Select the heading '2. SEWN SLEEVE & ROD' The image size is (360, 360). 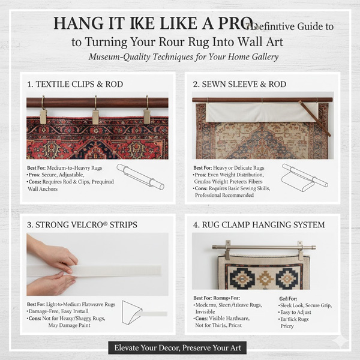pos(239,84)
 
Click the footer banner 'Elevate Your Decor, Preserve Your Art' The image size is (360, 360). pos(180,347)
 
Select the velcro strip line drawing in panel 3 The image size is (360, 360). pos(145,313)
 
